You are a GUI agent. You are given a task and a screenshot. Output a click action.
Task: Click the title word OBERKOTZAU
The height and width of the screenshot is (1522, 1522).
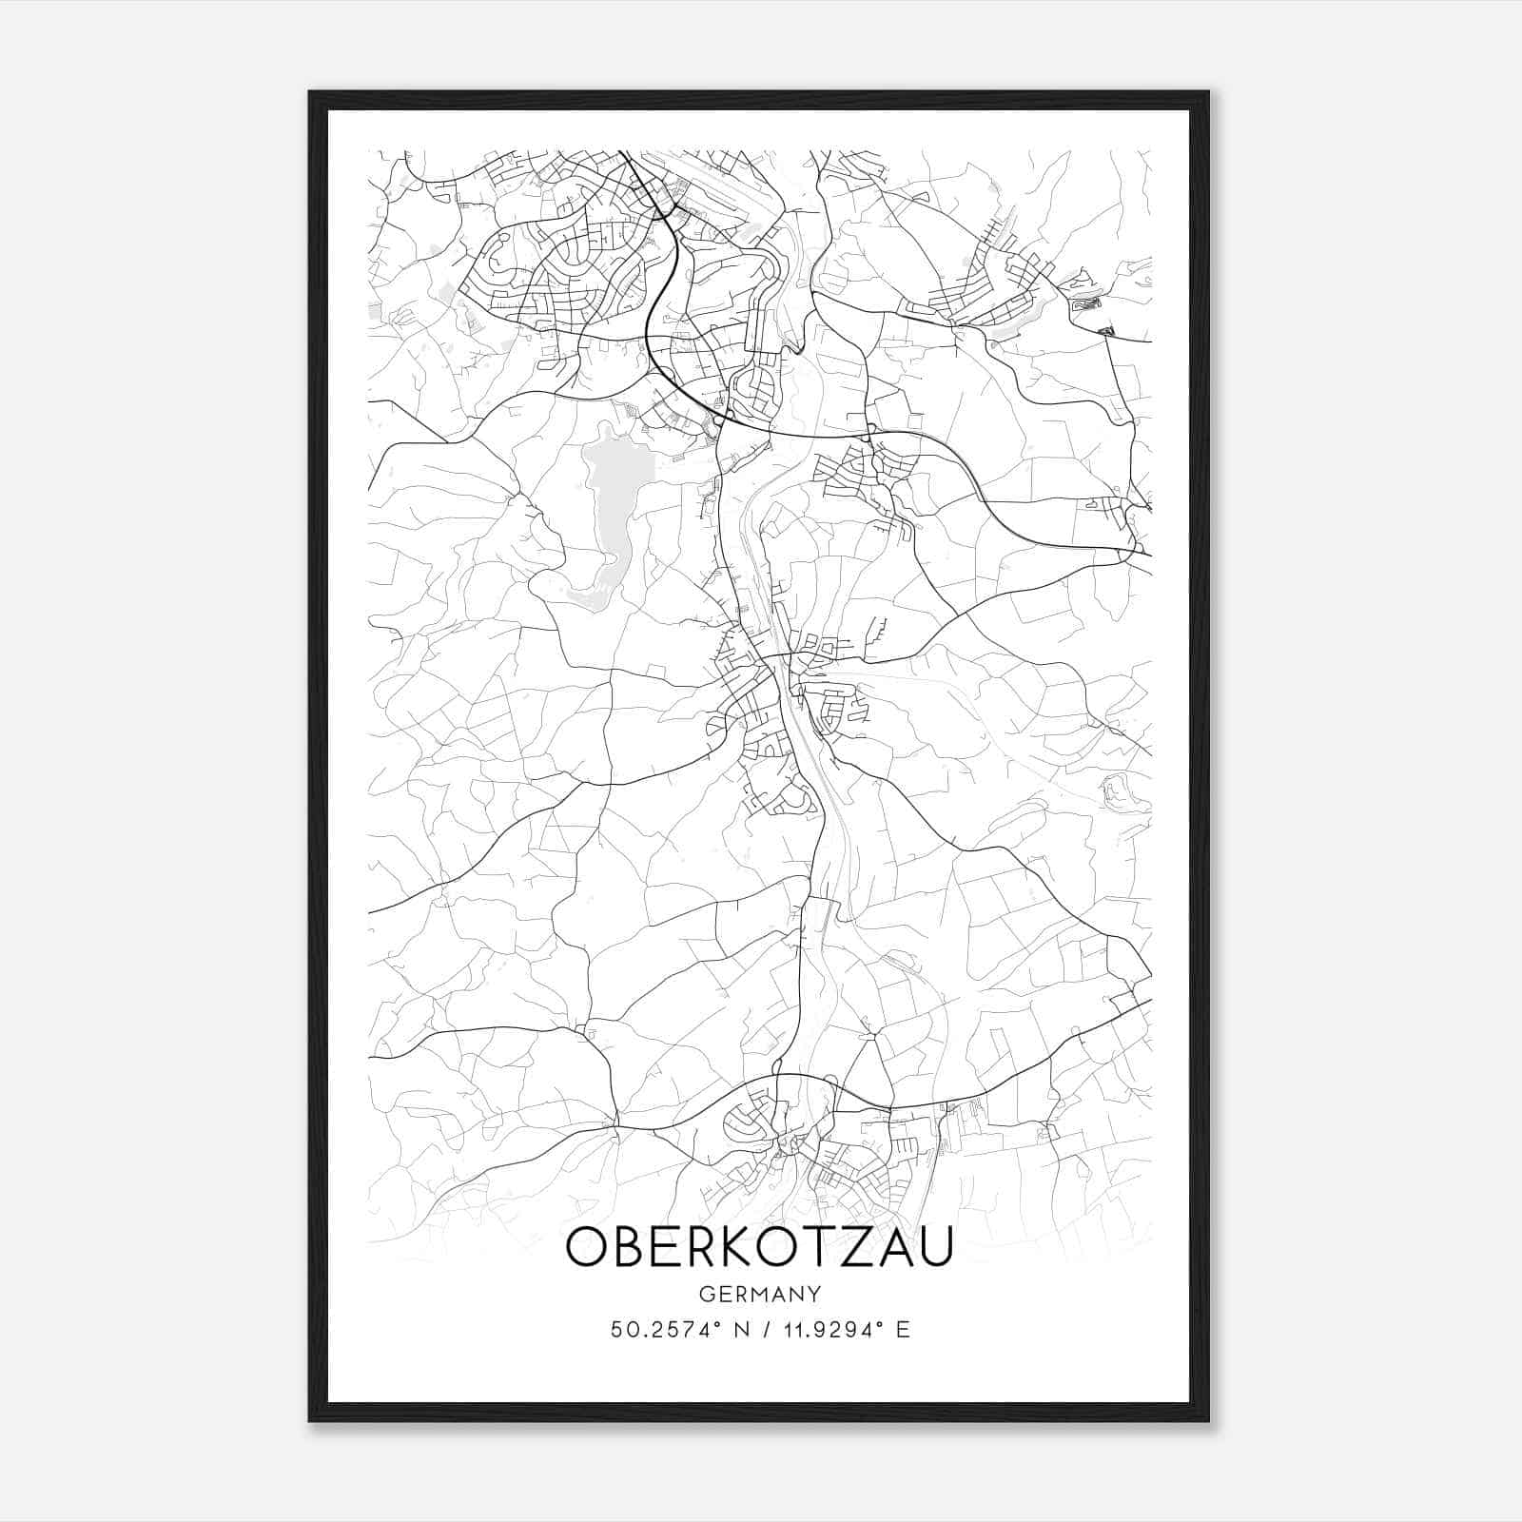click(x=759, y=1247)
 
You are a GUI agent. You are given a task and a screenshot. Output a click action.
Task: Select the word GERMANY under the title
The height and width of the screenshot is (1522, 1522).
click(x=760, y=1294)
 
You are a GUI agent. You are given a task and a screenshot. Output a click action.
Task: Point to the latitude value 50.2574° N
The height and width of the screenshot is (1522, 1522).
click(x=676, y=1329)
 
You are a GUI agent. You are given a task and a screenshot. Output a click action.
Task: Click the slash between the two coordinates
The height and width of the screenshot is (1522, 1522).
click(x=766, y=1329)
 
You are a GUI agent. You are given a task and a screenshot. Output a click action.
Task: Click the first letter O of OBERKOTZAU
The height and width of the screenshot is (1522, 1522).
click(x=587, y=1247)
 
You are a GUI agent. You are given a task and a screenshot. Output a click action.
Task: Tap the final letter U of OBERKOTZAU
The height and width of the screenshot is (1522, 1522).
click(x=935, y=1247)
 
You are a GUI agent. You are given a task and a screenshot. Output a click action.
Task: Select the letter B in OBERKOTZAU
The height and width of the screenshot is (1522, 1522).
click(x=630, y=1247)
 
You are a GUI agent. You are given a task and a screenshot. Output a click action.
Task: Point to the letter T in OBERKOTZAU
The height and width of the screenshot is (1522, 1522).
click(x=824, y=1247)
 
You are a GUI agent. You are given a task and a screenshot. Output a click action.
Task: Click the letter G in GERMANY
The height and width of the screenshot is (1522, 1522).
click(x=705, y=1294)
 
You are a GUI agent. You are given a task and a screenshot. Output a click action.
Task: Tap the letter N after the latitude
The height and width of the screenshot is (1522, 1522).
click(x=743, y=1329)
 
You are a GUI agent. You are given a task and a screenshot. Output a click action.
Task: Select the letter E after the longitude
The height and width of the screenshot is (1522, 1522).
click(x=904, y=1329)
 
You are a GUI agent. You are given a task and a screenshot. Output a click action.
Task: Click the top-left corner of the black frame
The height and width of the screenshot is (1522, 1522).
click(x=310, y=92)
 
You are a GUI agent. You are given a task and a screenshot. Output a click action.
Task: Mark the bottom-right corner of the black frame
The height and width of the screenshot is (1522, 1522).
click(x=1208, y=1421)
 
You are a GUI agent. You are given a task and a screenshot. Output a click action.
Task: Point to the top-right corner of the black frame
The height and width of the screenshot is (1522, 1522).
click(x=1208, y=92)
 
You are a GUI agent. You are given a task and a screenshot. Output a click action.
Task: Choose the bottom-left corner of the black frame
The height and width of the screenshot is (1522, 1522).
click(x=310, y=1421)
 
